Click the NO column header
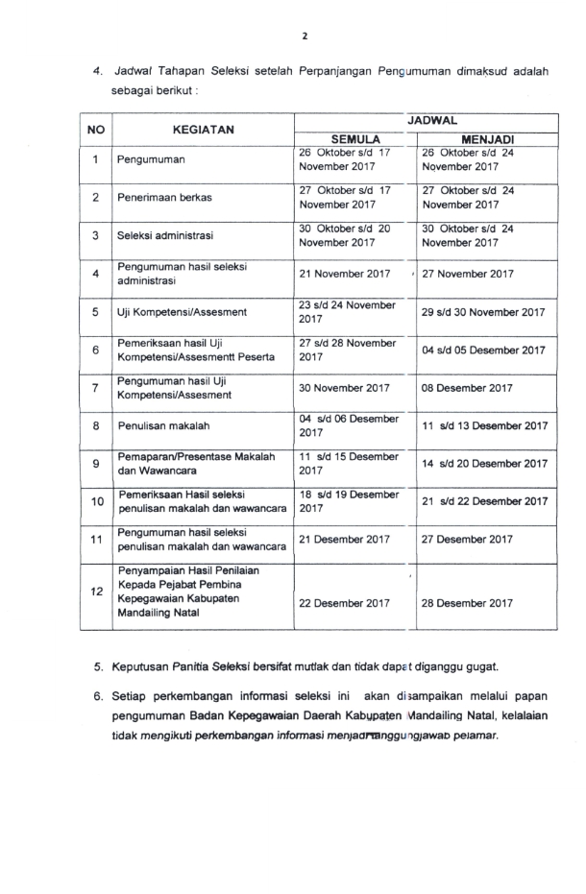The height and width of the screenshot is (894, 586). (96, 129)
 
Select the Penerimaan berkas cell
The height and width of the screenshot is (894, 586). (165, 197)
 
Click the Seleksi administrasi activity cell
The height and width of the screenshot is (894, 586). (165, 235)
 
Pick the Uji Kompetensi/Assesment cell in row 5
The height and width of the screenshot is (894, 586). (182, 312)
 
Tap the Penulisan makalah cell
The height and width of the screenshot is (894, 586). (159, 424)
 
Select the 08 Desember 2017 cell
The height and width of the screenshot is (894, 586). (468, 388)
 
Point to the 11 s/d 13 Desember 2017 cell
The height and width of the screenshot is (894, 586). (485, 424)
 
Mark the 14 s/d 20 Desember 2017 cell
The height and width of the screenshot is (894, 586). (485, 463)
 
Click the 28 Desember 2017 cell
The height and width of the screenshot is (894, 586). (468, 603)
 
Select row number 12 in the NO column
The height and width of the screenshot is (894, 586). (96, 592)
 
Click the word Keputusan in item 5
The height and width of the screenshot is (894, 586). (142, 664)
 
